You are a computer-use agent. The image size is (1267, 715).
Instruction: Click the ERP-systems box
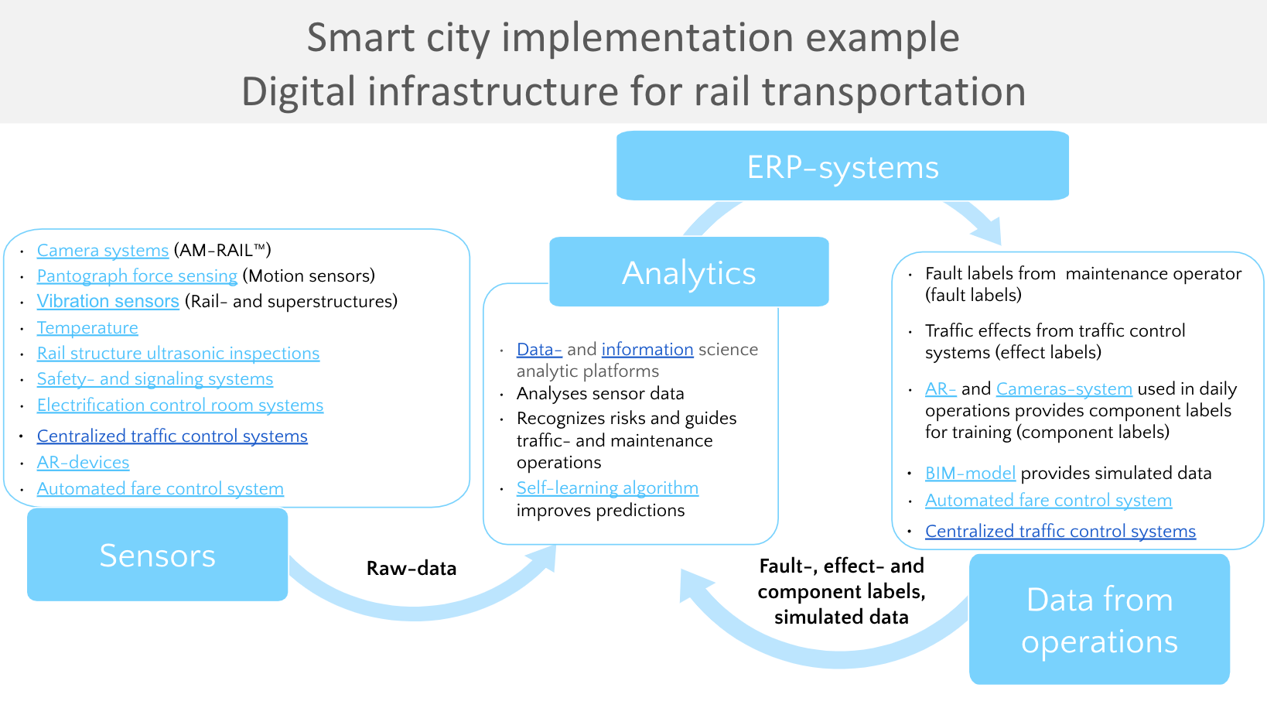[842, 166]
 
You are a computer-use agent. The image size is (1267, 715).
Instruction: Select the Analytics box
[688, 272]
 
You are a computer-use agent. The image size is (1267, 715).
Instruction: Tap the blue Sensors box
[157, 555]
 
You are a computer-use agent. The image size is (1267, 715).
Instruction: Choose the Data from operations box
[1098, 620]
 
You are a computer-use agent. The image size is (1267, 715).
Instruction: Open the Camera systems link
[103, 251]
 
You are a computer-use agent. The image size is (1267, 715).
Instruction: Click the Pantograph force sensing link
[137, 276]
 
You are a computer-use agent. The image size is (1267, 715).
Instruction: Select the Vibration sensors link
[108, 302]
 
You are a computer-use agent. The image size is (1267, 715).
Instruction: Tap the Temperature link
[87, 328]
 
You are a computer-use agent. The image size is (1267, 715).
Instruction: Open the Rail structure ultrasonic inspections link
[178, 354]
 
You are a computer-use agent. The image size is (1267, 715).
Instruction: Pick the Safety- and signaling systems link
[155, 379]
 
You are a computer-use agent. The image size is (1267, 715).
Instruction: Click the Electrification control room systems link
[180, 405]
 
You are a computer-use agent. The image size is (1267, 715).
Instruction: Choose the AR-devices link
[83, 463]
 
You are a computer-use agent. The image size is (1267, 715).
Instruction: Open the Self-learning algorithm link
[607, 488]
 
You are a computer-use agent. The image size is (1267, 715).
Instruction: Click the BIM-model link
[970, 474]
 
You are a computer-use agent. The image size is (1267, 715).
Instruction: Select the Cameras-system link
[1064, 389]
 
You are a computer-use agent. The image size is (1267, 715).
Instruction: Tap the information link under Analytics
[647, 350]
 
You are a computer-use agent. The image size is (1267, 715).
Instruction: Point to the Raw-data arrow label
[412, 569]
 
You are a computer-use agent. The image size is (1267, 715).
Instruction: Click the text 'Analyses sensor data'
[600, 394]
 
